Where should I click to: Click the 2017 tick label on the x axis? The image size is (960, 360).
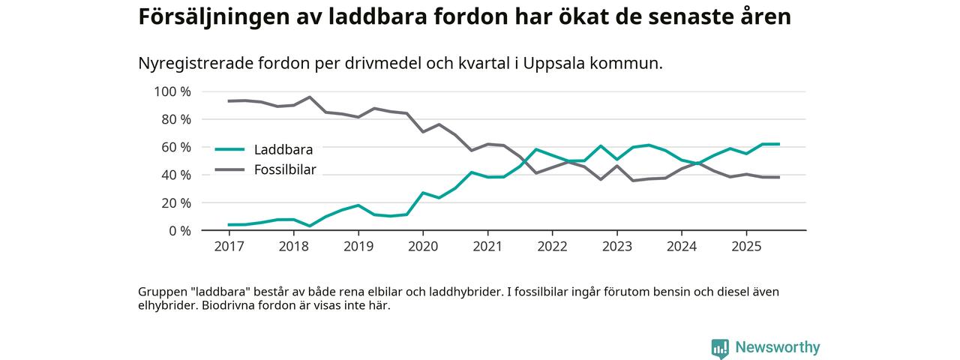click(229, 247)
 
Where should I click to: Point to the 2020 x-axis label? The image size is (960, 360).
click(423, 247)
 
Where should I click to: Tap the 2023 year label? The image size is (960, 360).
click(617, 247)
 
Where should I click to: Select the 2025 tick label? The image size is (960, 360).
click(746, 247)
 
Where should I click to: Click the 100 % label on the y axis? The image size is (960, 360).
click(172, 91)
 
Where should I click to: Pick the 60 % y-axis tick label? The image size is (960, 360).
click(175, 147)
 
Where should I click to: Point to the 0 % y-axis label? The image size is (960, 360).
click(179, 230)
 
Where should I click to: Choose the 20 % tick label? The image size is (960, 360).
click(175, 202)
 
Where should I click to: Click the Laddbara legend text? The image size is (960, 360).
click(283, 149)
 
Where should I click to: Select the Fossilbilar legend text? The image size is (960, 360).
click(285, 169)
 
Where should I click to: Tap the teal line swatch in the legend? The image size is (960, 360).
click(229, 149)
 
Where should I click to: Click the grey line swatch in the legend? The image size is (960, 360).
click(229, 169)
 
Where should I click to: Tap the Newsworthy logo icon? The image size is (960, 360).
click(720, 348)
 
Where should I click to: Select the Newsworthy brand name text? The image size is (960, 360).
click(778, 347)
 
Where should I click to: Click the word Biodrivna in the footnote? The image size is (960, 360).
click(230, 306)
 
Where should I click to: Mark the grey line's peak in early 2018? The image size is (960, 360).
click(310, 97)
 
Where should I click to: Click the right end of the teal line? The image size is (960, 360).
click(779, 144)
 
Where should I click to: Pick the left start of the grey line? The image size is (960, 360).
click(229, 101)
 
